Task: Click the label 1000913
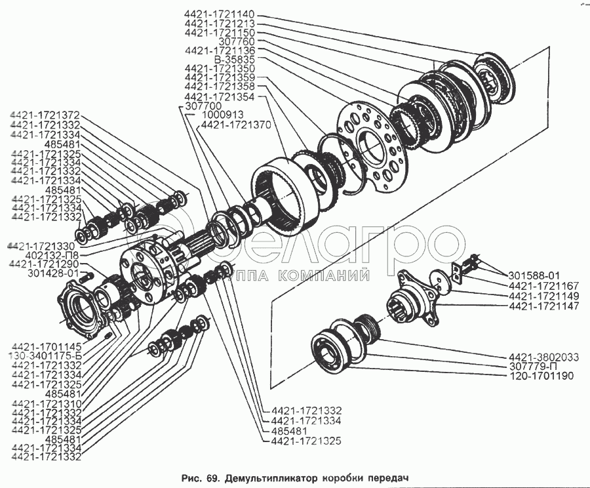point(222,115)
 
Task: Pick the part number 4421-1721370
point(236,125)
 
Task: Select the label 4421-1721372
point(45,115)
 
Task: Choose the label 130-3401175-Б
point(45,356)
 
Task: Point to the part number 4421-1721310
point(47,403)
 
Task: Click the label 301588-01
point(534,275)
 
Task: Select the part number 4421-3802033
point(543,357)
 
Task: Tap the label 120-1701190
point(541,376)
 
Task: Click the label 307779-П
point(533,367)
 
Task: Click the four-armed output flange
point(416,298)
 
